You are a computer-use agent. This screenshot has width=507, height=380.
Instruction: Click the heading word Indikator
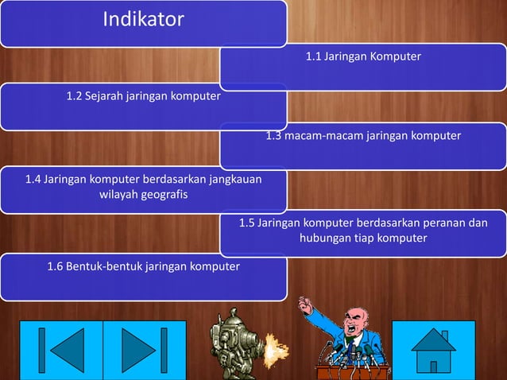pos(143,18)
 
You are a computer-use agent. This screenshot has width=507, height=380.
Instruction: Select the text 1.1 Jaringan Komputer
pos(363,57)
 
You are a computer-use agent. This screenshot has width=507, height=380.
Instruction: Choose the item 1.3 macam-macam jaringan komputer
pos(363,136)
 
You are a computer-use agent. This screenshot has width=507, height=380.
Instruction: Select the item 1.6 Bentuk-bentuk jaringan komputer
pos(143,265)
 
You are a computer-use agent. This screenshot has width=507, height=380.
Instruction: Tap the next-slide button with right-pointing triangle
pos(144,350)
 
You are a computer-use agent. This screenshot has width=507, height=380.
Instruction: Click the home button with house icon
pos(434,350)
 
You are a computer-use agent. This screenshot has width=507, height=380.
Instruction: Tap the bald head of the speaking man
pos(354,316)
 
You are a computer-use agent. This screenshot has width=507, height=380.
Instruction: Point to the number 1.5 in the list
pos(247,223)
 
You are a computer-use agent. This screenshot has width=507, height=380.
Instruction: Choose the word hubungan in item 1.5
pos(322,238)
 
